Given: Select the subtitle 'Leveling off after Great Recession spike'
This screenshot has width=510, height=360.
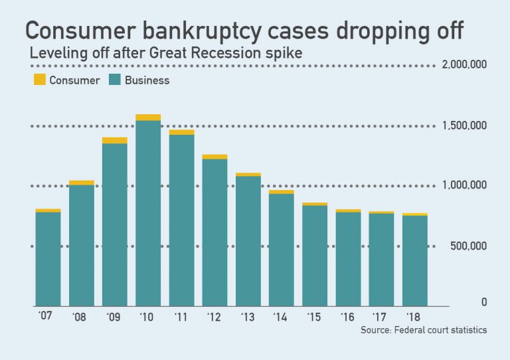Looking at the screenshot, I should pos(166,54).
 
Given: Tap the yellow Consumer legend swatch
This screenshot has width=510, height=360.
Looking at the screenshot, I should pos(40,80).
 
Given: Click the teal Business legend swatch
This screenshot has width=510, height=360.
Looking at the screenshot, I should pos(112,80).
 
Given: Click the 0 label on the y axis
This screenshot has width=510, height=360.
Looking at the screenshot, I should pos(484,302).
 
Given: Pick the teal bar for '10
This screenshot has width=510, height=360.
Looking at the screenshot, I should pos(148,213).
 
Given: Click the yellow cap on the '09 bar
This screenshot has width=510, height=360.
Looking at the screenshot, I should pos(115,140).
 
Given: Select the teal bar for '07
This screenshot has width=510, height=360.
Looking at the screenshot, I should pos(48,258).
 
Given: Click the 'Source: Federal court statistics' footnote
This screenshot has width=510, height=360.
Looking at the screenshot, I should pos(424,330).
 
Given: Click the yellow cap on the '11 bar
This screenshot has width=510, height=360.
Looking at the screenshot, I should pos(181,132).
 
